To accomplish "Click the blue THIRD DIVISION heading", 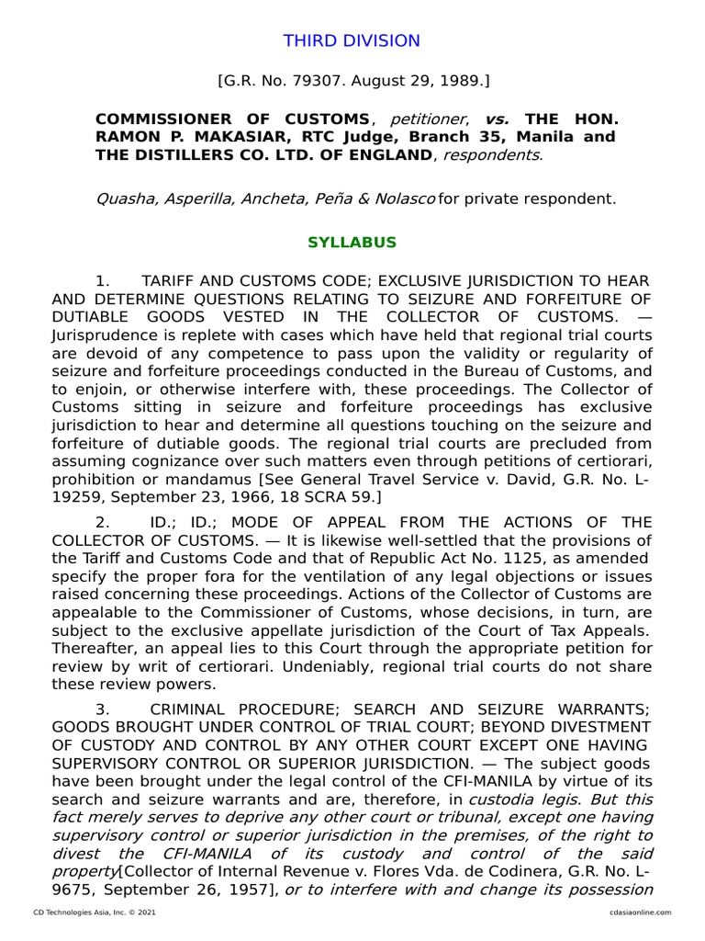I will coord(352,40).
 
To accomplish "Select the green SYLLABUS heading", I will coord(352,243).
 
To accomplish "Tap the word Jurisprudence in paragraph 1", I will coord(99,335).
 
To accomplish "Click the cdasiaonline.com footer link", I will coord(639,913).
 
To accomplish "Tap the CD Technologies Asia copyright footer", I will coord(95,913).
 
